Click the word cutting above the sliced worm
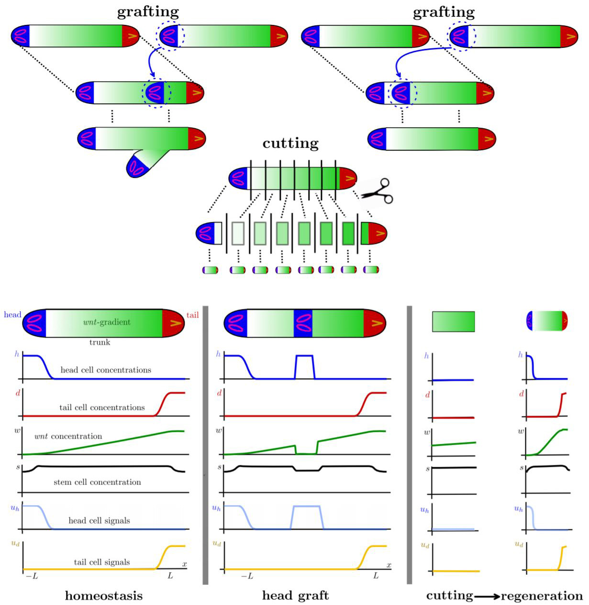coord(290,143)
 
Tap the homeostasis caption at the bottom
coord(103,595)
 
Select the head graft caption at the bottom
coord(295,595)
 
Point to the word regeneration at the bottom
coord(542,596)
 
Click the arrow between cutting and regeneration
coord(487,596)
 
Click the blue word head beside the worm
coord(12,315)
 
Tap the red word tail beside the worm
coord(192,315)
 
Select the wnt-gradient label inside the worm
coord(106,322)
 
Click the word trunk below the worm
coord(100,342)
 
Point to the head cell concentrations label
coord(106,370)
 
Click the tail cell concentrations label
coord(102,407)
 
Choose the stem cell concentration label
coord(97,482)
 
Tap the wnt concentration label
coord(68,436)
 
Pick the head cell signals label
coord(99,520)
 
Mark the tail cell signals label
coord(101,562)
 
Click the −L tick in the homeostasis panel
coord(32,576)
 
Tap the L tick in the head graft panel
coord(376,576)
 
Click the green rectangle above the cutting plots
coord(453,321)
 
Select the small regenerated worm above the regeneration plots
coord(547,321)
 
